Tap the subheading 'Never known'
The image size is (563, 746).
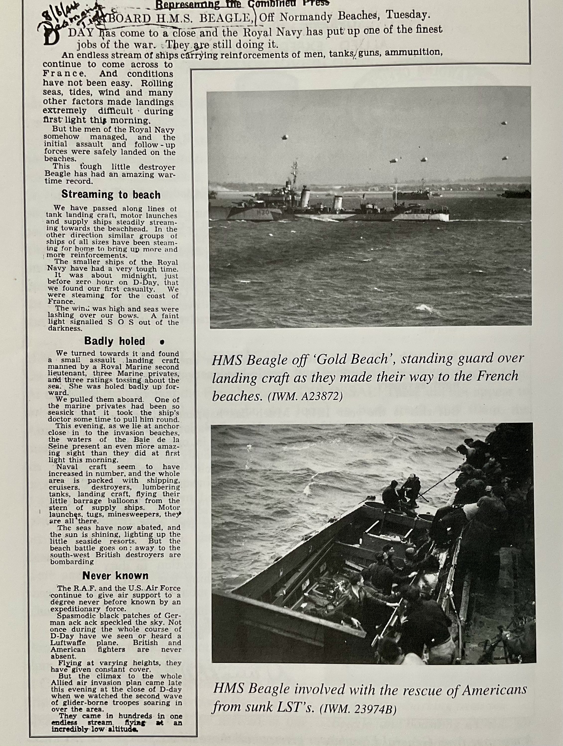click(x=115, y=575)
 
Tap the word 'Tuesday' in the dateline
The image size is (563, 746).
click(x=407, y=15)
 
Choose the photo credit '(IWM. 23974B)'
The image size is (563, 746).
click(x=360, y=709)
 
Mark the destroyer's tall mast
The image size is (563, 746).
click(x=295, y=172)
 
